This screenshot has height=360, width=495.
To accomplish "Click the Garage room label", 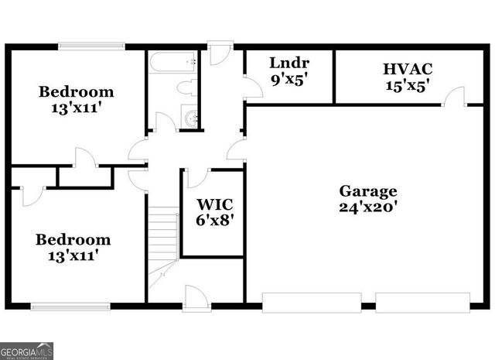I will point(367,190).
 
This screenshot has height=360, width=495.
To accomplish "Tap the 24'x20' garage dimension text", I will point(367,207).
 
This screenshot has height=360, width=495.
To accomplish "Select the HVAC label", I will point(407,68).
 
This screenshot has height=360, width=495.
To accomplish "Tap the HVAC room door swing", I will point(455,96).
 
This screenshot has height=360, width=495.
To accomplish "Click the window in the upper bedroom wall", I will point(91,46).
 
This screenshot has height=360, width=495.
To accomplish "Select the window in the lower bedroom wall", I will point(71,306).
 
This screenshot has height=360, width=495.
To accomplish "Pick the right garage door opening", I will point(422,303).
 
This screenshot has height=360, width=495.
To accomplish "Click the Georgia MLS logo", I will point(27,351).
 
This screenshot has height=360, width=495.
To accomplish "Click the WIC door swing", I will point(197,178).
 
